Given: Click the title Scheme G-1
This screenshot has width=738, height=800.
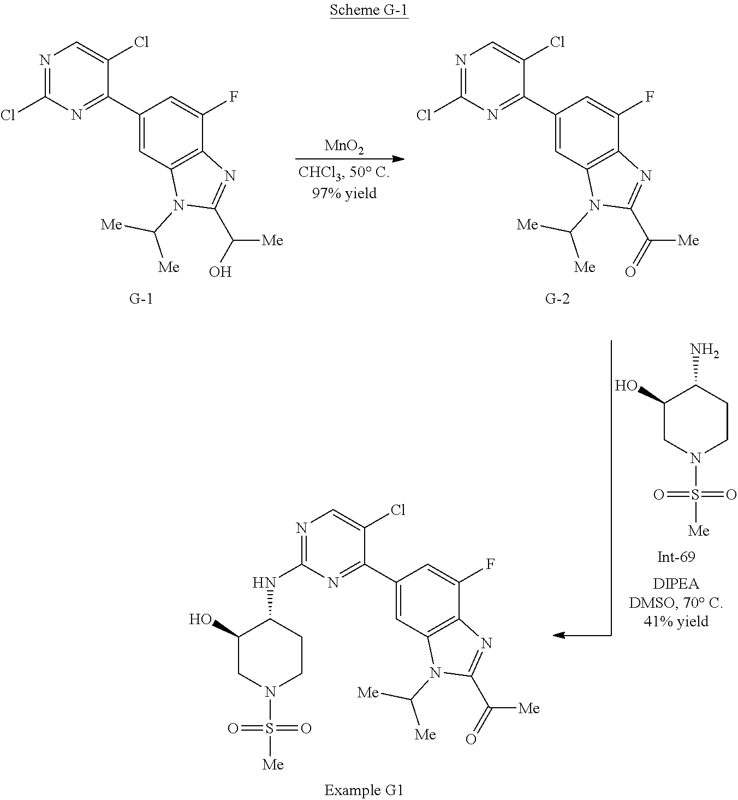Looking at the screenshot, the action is click(369, 11).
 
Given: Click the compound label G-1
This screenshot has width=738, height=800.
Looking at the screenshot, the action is click(140, 299).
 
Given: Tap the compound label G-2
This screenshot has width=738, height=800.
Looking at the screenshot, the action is click(557, 299).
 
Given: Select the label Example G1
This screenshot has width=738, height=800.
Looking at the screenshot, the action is click(364, 790).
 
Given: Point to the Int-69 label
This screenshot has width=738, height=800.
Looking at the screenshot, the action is click(676, 557).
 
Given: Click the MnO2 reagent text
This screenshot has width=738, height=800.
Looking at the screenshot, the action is click(344, 146).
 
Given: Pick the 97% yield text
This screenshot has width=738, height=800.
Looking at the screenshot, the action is click(344, 193).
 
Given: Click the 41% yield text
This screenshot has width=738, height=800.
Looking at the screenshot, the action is click(676, 621).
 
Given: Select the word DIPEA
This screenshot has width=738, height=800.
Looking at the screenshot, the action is click(676, 584).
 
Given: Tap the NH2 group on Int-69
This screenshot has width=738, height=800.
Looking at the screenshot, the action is click(704, 350).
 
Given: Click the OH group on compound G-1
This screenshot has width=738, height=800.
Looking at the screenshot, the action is click(220, 271).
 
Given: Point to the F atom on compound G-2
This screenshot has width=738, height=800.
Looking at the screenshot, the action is click(650, 97).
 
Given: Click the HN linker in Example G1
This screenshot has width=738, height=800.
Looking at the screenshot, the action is click(262, 583).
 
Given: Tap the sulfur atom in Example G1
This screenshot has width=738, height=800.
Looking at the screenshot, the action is click(270, 728).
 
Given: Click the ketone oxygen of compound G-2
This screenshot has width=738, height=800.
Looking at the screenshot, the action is click(630, 271).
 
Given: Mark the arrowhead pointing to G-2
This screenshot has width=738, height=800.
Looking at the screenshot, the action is click(398, 159).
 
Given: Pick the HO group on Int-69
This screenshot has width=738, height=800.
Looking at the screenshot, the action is click(626, 387).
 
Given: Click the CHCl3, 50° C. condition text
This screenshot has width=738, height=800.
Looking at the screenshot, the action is click(344, 173).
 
